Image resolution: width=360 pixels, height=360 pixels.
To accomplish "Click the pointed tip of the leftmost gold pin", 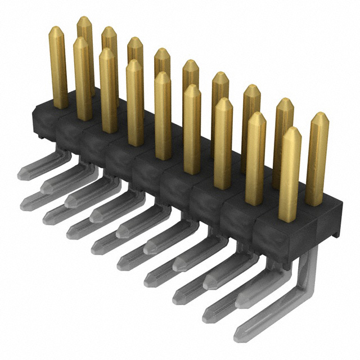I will pos(57,29).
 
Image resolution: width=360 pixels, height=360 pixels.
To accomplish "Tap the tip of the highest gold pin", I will pos(84,20).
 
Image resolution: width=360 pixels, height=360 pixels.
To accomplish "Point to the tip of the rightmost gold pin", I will pos(319,116).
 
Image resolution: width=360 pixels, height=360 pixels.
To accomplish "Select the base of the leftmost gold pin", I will pos(60,103).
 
